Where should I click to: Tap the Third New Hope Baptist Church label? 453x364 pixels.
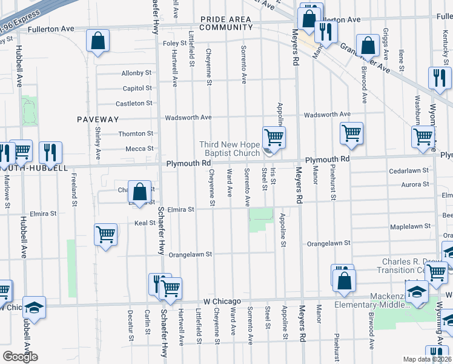(230, 149)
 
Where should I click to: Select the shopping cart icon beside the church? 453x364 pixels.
(274, 138)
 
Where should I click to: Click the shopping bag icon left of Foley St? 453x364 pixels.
(98, 42)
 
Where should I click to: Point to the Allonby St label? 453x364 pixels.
(136, 73)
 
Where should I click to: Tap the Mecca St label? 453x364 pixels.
(139, 148)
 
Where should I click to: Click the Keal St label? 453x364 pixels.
(145, 223)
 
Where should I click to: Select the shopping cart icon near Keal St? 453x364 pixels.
(105, 234)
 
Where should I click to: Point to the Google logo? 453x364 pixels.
(20, 357)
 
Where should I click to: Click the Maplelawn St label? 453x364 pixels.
(411, 226)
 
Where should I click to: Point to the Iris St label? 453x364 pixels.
(274, 177)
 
